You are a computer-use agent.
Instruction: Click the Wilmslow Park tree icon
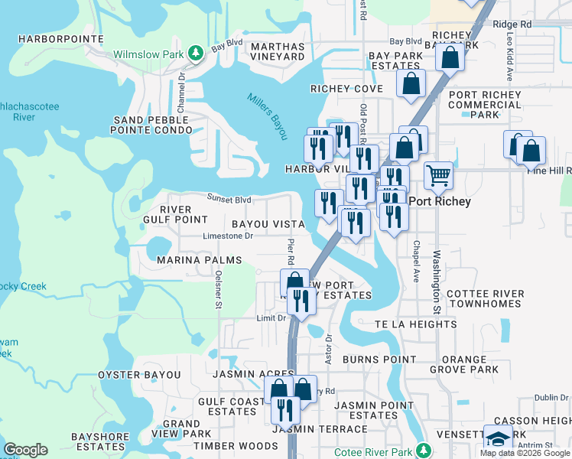pos(197,52)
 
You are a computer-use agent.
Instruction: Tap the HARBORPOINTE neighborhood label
pos(50,38)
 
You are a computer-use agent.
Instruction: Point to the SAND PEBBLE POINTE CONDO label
pos(152,125)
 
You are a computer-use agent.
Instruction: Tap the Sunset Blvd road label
pos(229,200)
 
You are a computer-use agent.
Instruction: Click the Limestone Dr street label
pos(228,236)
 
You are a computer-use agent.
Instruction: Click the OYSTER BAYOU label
pos(139,375)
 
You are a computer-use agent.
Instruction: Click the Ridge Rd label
pos(512,24)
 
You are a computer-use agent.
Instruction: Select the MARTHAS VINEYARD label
pos(278,51)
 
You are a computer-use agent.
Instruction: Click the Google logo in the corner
pos(25,450)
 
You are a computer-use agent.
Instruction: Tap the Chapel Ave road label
pos(415,262)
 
